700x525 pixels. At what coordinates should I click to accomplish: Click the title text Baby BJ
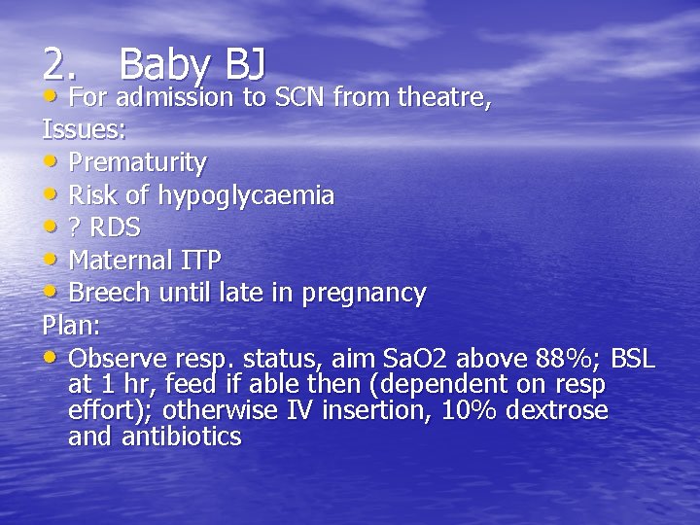(x=193, y=64)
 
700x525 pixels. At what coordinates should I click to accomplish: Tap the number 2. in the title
(x=59, y=64)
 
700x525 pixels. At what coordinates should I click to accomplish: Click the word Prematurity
(x=137, y=161)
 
